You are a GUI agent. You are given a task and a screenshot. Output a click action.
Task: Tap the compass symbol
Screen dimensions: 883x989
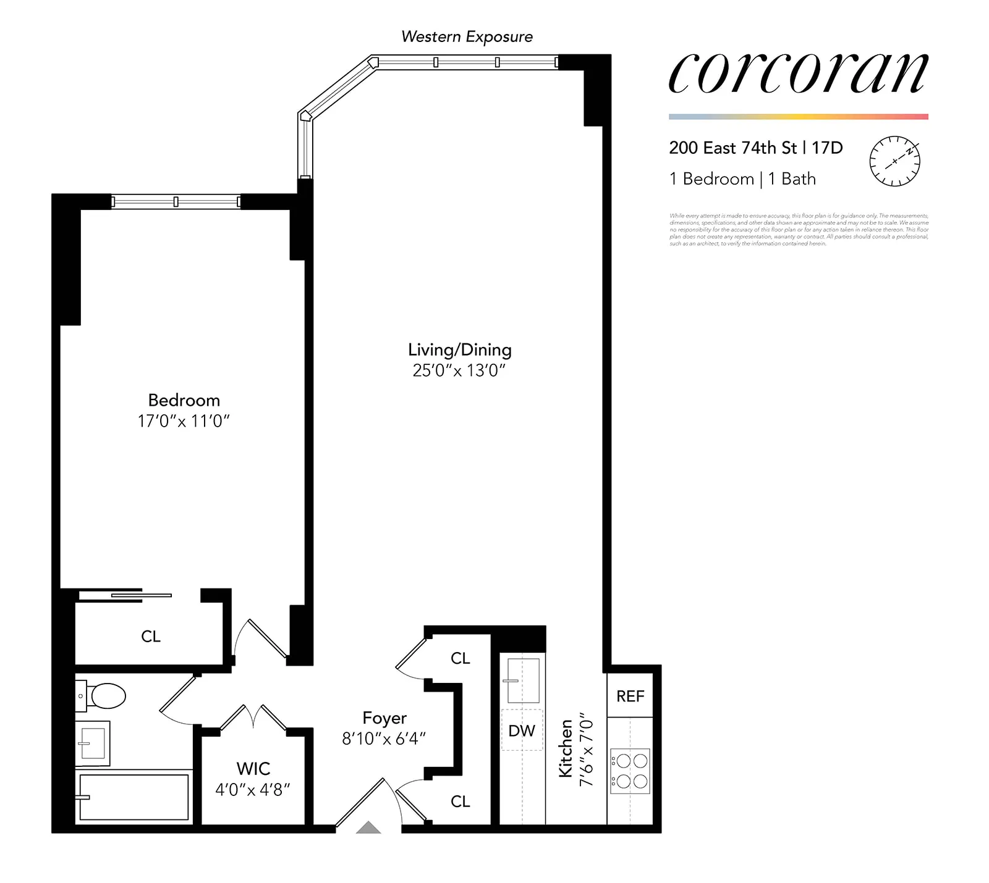(x=894, y=161)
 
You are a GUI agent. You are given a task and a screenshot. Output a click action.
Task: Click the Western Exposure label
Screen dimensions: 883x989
(x=467, y=37)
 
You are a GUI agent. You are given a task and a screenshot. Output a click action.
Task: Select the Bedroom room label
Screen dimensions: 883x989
(x=184, y=400)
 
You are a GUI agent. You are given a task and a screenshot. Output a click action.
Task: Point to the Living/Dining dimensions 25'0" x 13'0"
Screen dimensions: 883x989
(x=459, y=370)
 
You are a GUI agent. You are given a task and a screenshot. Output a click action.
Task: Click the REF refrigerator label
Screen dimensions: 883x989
(x=630, y=696)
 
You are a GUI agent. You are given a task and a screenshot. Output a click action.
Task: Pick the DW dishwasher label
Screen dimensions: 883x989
(x=522, y=730)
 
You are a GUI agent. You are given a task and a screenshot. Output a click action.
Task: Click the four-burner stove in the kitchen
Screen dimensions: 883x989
(x=630, y=771)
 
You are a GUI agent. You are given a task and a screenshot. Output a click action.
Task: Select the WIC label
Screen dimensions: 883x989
(x=253, y=768)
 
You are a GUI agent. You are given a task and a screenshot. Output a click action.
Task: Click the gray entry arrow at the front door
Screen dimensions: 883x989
(x=368, y=827)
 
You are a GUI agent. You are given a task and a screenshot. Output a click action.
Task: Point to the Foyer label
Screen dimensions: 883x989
(x=384, y=718)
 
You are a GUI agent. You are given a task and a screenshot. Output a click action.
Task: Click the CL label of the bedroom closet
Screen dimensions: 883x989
(x=151, y=636)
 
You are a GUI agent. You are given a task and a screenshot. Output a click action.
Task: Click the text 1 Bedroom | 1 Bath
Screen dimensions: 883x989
(x=742, y=179)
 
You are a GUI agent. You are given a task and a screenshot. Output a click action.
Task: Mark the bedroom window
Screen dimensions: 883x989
(x=176, y=201)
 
